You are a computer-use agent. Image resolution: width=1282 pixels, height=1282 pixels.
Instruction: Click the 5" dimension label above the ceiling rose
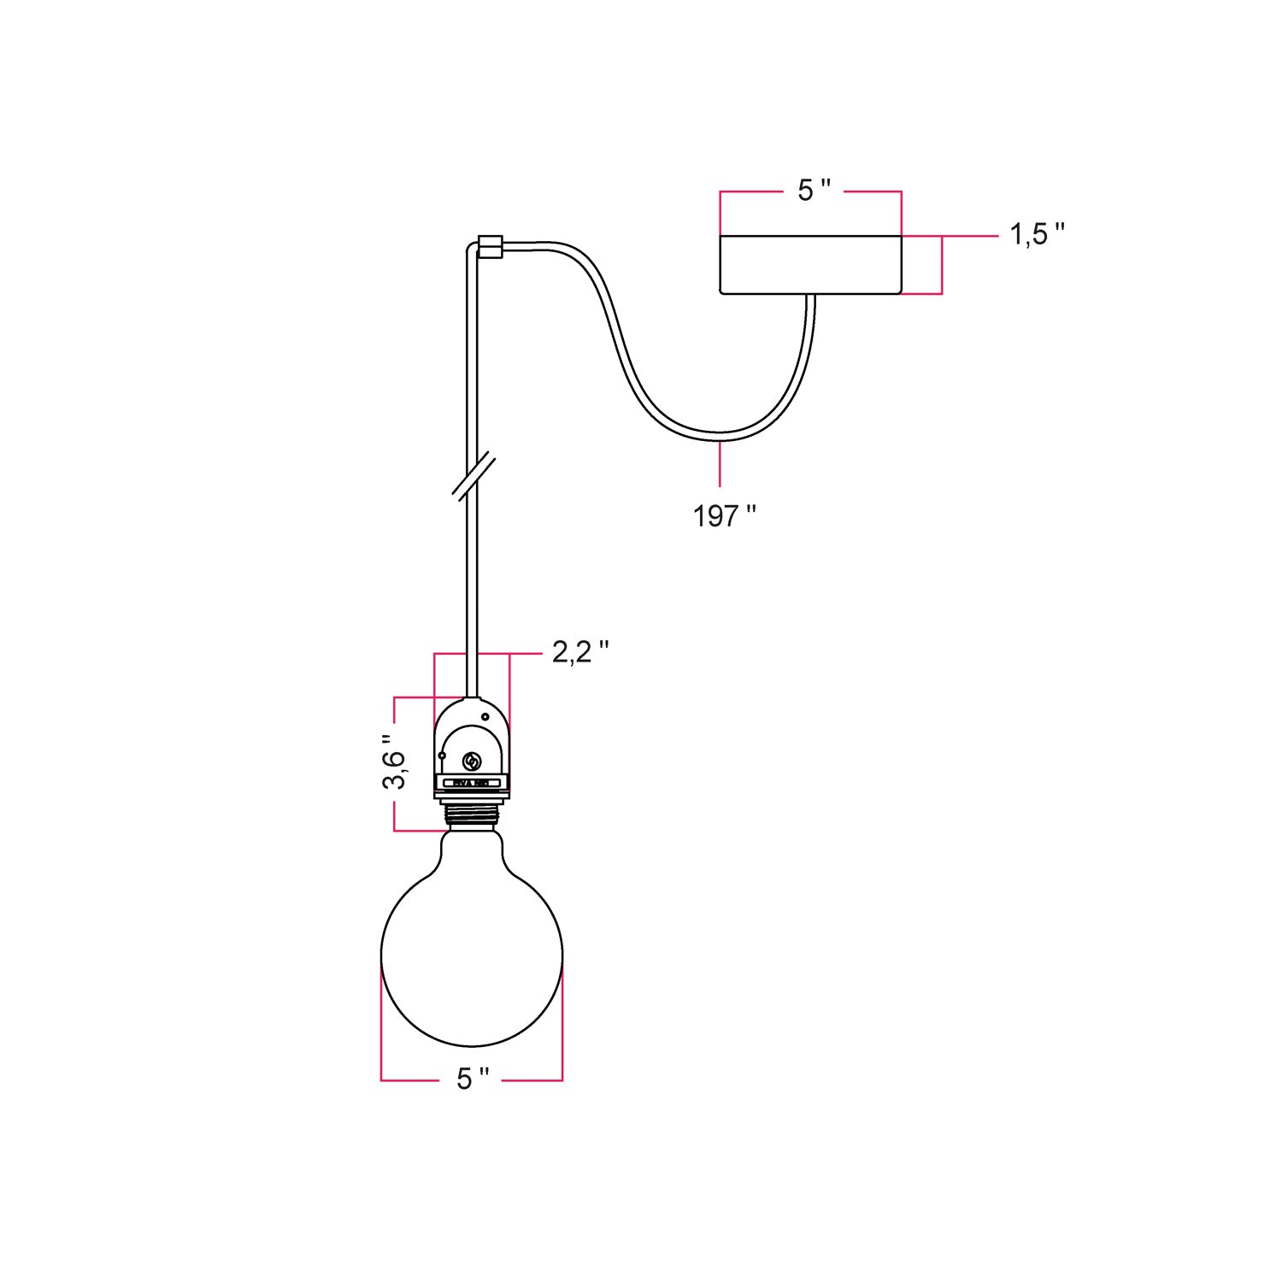click(813, 191)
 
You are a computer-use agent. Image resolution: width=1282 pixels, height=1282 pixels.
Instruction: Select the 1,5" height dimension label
click(1037, 234)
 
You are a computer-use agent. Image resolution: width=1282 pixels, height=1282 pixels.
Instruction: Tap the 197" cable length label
click(724, 516)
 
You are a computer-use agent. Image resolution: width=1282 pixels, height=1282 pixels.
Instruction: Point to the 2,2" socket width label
click(579, 652)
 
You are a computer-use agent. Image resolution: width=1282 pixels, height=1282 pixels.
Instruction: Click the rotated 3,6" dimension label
click(394, 762)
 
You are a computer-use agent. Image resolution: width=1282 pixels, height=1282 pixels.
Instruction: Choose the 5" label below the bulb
click(472, 1079)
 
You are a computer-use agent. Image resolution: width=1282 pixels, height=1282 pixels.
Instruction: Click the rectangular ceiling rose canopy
click(810, 265)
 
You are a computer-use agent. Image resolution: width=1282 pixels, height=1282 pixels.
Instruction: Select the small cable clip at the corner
click(491, 246)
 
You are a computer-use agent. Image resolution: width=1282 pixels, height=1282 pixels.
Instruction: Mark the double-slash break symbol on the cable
click(473, 476)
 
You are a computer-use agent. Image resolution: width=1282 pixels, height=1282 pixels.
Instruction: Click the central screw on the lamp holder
click(471, 762)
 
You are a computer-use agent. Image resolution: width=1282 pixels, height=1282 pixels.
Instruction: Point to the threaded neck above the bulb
click(472, 815)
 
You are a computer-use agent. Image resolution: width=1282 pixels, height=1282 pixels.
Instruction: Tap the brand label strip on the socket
click(471, 782)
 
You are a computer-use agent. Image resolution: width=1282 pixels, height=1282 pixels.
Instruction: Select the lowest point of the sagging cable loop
click(720, 437)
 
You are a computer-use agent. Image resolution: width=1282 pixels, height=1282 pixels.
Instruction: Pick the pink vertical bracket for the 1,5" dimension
click(942, 265)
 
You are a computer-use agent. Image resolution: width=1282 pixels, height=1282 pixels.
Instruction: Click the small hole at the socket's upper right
click(485, 716)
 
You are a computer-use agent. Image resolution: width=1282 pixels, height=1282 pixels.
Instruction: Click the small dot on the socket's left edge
click(442, 756)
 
